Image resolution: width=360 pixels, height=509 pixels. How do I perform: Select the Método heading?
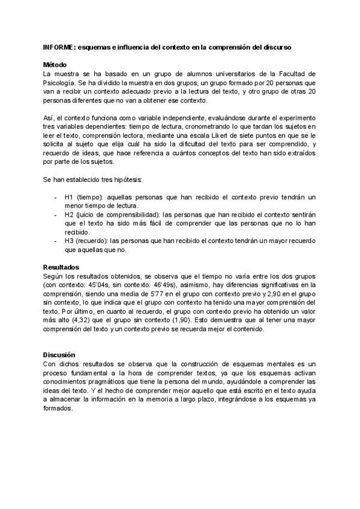pyautogui.click(x=55, y=65)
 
